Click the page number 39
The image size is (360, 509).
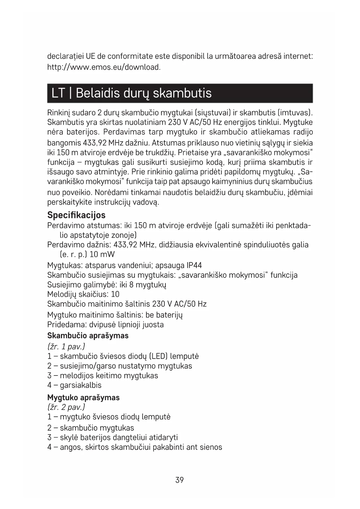pyautogui.click(x=180, y=480)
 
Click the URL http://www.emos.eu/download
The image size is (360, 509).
pyautogui.click(x=104, y=67)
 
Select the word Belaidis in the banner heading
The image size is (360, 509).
pyautogui.click(x=97, y=93)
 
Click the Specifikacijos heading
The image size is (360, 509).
pyautogui.click(x=76, y=215)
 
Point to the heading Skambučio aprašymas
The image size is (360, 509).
pyautogui.click(x=88, y=336)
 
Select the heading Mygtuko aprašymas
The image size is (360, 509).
pyautogui.click(x=83, y=398)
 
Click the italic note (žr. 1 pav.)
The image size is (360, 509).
pyautogui.click(x=66, y=346)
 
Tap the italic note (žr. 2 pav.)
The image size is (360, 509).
pyautogui.click(x=66, y=407)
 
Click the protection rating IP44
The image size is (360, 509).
pyautogui.click(x=194, y=266)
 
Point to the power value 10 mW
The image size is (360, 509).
pyautogui.click(x=102, y=255)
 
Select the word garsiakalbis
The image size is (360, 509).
pyautogui.click(x=81, y=385)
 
